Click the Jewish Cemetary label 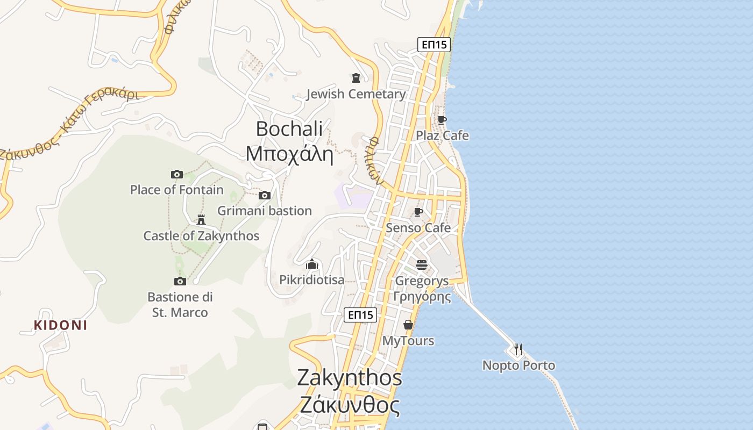tap(356, 94)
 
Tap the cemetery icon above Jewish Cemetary tap(356, 78)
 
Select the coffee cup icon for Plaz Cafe tap(442, 120)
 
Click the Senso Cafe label tap(418, 228)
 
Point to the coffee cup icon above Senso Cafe tap(418, 212)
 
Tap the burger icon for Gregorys tap(422, 264)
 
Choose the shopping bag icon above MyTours tap(408, 325)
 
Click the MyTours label tap(408, 341)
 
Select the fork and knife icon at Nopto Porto tap(518, 349)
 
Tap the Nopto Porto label tap(518, 365)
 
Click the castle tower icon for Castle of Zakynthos tap(201, 219)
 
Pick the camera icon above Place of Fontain tap(177, 174)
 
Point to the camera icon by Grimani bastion tap(264, 195)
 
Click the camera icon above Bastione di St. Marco tap(180, 281)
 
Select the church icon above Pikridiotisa tap(312, 264)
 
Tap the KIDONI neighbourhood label tap(60, 325)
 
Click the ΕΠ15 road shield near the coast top tap(434, 45)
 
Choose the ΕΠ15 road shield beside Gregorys tap(360, 315)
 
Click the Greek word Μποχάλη tap(289, 154)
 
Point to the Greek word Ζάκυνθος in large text tap(350, 405)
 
